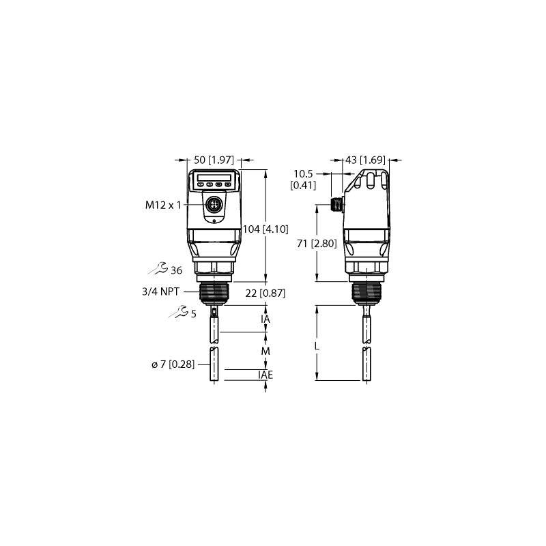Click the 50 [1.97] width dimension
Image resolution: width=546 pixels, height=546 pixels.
click(x=214, y=160)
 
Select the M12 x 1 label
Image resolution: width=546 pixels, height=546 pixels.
click(x=163, y=205)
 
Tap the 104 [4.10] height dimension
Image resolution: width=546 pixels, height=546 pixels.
click(x=265, y=229)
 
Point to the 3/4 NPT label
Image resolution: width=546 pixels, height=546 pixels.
click(x=160, y=291)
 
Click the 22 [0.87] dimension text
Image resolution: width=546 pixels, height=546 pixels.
click(x=265, y=293)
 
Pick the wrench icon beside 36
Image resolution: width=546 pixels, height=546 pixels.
click(x=158, y=269)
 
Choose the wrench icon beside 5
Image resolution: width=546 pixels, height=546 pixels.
click(x=179, y=312)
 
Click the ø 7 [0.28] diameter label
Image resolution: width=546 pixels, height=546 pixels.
click(x=173, y=364)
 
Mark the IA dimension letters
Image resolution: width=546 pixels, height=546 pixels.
click(x=265, y=319)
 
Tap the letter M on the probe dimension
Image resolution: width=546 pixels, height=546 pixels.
click(x=265, y=351)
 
